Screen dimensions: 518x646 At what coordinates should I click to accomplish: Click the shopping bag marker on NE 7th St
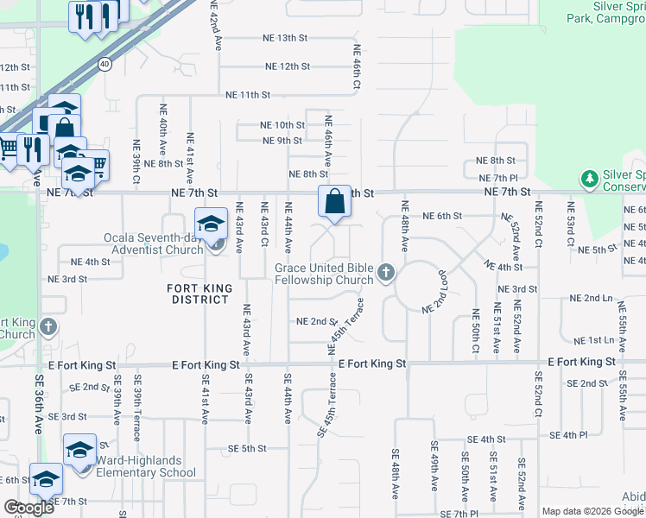334,202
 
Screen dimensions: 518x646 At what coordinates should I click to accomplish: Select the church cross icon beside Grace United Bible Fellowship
385,275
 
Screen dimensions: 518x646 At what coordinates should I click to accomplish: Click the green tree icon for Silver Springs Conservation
590,179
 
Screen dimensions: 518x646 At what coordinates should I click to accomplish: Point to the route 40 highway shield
104,63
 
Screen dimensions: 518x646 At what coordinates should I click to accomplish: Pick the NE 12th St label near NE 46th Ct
287,66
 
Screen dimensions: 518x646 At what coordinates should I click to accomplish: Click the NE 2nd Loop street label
438,295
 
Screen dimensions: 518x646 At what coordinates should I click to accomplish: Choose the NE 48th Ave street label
404,227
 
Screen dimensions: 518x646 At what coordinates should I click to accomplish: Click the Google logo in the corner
28,508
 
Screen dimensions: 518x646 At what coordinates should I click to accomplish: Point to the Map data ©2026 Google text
592,511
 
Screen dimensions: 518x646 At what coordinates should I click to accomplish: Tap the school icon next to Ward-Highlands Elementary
79,451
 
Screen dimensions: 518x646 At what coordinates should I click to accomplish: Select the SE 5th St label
247,449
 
